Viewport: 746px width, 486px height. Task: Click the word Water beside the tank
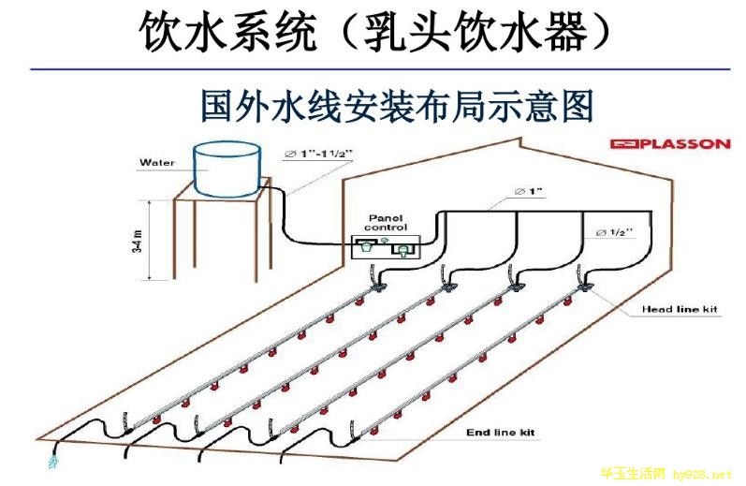coord(158,162)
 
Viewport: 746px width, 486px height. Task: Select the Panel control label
coord(386,222)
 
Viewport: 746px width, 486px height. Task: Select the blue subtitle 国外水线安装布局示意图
coord(398,105)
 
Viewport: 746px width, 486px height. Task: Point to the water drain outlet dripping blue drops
coord(51,461)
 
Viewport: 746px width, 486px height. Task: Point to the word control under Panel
coord(386,228)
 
